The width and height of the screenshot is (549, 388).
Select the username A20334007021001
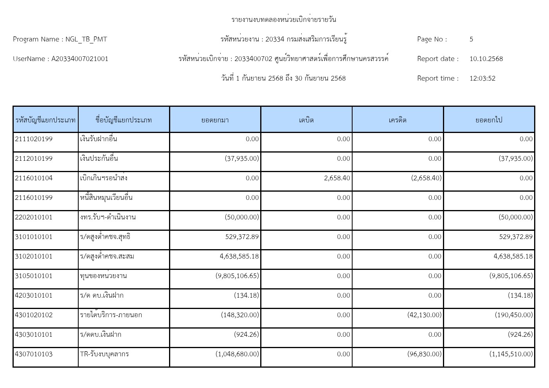[x=80, y=59]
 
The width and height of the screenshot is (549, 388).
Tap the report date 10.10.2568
[x=486, y=59]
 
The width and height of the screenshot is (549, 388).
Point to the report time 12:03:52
[x=482, y=78]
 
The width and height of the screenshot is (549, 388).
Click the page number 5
[x=471, y=39]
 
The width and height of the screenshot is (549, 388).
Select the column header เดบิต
[x=306, y=120]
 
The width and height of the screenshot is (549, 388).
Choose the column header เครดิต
[x=398, y=120]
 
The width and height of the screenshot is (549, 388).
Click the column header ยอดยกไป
[x=489, y=120]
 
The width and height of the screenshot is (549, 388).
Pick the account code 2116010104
[x=34, y=178]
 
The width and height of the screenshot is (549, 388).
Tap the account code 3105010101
[x=34, y=276]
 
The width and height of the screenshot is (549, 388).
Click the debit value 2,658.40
[x=337, y=178]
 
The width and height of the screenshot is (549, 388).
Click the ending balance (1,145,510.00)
[x=511, y=354]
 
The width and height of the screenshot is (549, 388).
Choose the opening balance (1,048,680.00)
[x=237, y=354]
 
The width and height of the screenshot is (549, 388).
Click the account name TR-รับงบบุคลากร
[x=104, y=354]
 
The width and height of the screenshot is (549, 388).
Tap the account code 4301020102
[x=34, y=315]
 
